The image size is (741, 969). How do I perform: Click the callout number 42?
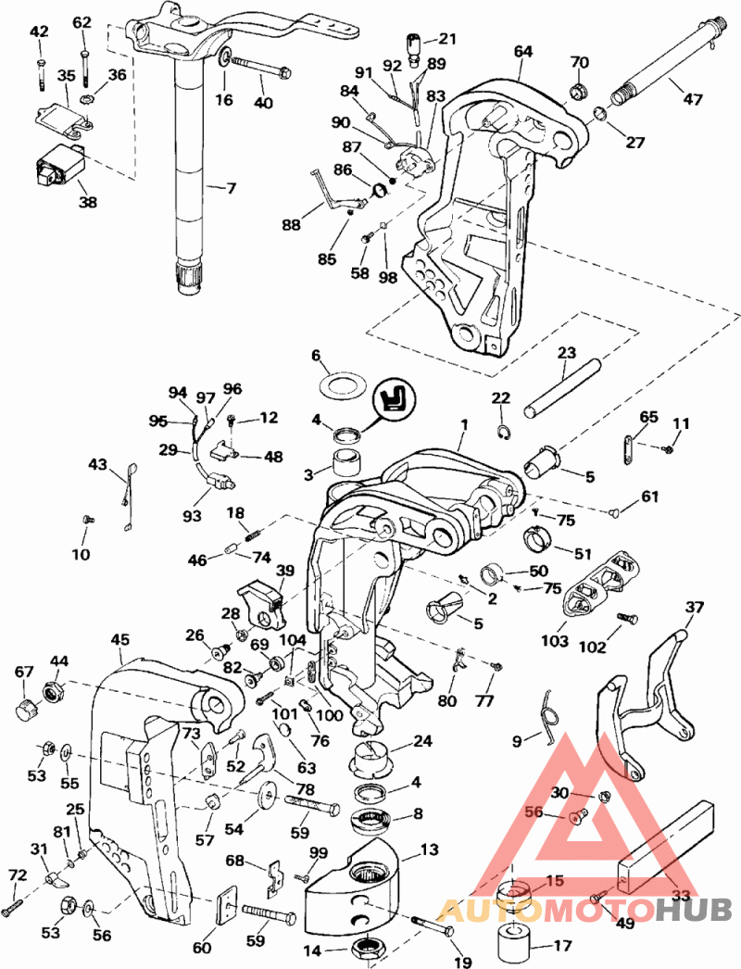coord(39,32)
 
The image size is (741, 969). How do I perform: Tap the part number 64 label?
coord(523,51)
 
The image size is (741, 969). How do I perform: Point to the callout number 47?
coord(693,97)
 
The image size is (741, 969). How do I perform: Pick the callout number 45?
coord(119,639)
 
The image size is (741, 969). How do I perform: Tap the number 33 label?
coord(682,896)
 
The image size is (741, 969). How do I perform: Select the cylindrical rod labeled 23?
coord(560,384)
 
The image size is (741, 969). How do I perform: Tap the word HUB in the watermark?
coord(694,911)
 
